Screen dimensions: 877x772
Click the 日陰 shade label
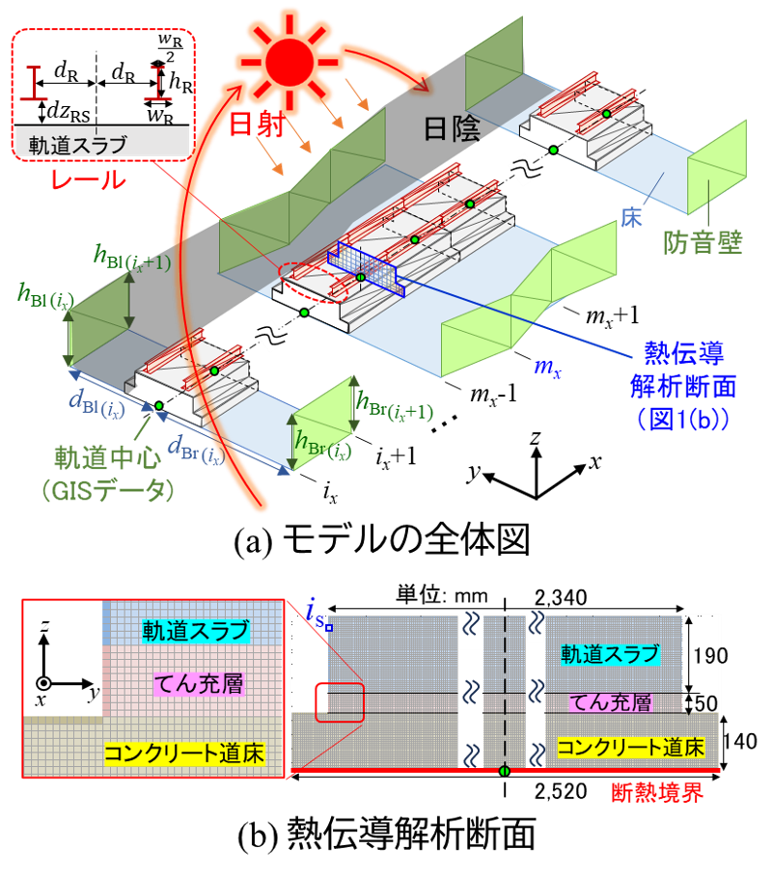click(x=452, y=129)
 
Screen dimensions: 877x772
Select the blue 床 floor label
click(x=631, y=219)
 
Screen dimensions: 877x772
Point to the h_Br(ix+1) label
click(x=395, y=406)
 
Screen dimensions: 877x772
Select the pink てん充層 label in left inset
click(x=198, y=684)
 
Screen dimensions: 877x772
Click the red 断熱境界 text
click(x=657, y=793)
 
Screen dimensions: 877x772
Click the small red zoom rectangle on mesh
click(x=339, y=701)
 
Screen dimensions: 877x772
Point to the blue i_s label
click(x=314, y=610)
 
